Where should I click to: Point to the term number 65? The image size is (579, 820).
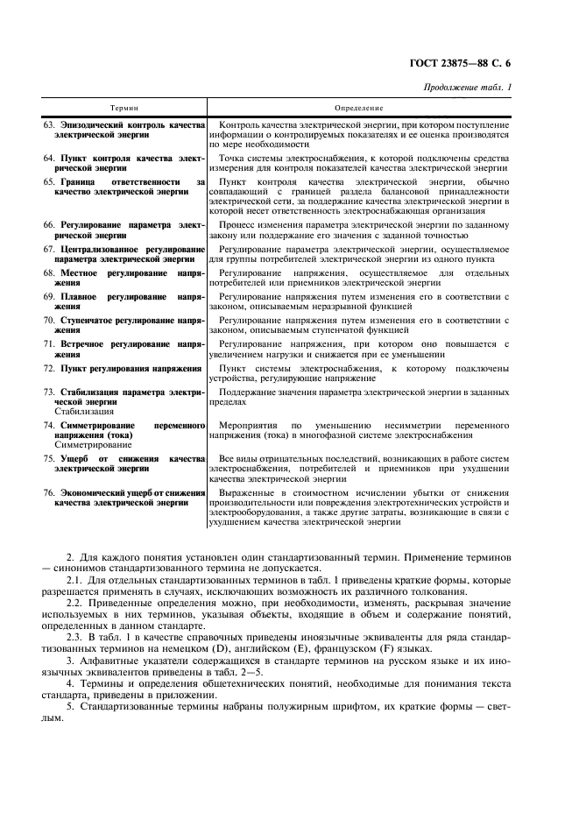(50, 180)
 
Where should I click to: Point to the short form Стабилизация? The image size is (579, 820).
(83, 410)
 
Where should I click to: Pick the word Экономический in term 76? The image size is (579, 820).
(97, 494)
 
